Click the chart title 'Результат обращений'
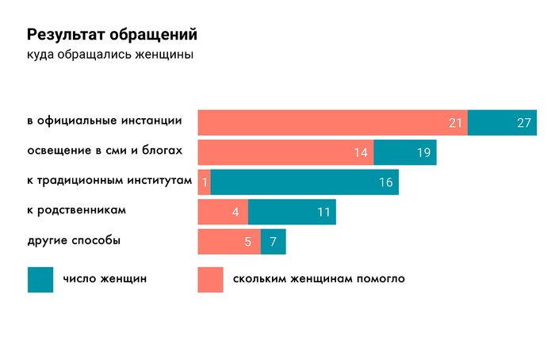click(112, 35)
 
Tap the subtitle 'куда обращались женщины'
click(110, 56)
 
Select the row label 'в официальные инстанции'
click(105, 121)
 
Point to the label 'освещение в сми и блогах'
click(105, 151)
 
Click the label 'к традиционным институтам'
click(109, 181)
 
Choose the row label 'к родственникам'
click(77, 211)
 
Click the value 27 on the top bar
click(523, 123)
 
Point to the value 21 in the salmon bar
click(455, 123)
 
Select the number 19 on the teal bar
click(423, 153)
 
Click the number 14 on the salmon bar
click(361, 153)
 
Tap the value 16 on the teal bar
click(386, 182)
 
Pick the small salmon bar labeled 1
click(204, 182)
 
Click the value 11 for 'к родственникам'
click(323, 213)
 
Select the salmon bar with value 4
click(223, 213)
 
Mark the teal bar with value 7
click(273, 242)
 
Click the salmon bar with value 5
click(228, 242)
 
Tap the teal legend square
click(40, 279)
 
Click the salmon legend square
click(210, 279)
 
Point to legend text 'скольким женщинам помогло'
click(319, 279)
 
